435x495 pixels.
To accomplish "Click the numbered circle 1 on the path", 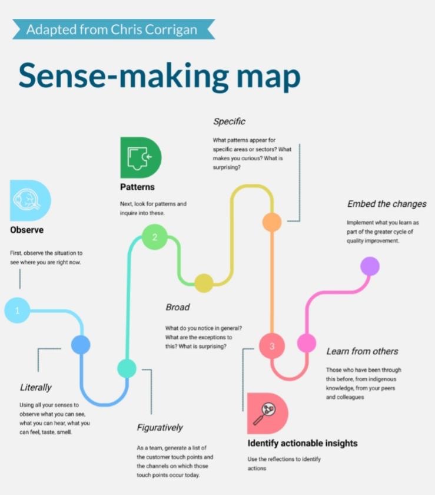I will coord(17,311).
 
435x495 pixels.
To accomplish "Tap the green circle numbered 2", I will coord(154,238).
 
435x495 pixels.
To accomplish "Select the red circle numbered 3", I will coord(272,346).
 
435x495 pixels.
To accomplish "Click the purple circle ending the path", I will coord(370,266).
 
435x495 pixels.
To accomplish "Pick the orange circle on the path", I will coord(272,222).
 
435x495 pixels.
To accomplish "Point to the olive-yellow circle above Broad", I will coord(204,283).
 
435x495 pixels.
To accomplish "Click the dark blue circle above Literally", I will coord(81,345).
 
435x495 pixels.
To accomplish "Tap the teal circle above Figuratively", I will coord(127,368).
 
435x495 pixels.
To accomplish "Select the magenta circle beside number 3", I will coord(306,343).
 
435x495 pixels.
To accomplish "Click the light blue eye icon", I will coord(29,200).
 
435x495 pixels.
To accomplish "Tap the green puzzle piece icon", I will coord(140,157).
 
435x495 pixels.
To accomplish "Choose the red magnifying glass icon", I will coord(267,414).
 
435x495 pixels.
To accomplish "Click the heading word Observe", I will coord(26,230).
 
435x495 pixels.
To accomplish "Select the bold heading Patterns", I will coord(137,187).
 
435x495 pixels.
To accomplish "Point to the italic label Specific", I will coord(229,121).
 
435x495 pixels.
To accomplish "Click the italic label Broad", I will coord(177,307).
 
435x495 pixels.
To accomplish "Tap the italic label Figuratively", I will coord(160,428).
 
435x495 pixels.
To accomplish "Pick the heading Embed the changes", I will coord(387,204).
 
